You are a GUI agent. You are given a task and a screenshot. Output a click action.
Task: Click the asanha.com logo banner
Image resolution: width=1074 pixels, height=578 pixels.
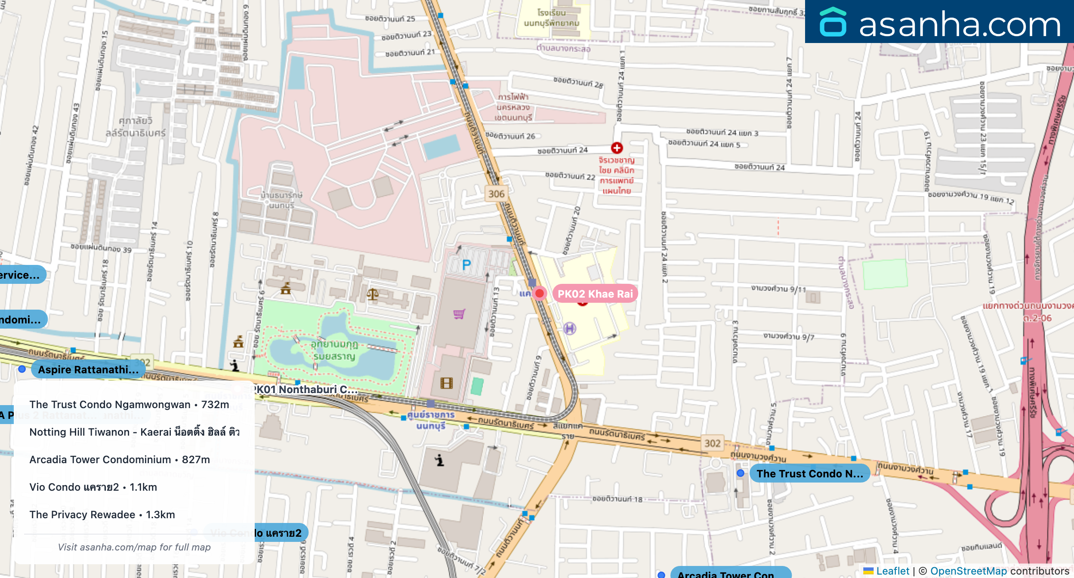pos(939,22)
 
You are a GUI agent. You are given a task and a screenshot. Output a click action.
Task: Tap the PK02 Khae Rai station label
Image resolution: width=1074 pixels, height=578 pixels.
pos(595,294)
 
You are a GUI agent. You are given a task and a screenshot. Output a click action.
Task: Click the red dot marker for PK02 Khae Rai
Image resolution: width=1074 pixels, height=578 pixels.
pos(539,294)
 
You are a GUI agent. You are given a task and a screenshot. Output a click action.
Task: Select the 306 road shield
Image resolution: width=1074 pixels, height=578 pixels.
pos(496,194)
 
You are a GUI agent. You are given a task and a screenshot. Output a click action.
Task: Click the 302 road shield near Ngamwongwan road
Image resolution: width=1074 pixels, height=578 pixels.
pos(712,443)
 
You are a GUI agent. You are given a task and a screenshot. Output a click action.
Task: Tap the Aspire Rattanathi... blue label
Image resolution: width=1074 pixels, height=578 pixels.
pos(88,369)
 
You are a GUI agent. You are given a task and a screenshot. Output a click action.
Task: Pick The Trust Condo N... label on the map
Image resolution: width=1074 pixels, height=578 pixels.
pos(809,473)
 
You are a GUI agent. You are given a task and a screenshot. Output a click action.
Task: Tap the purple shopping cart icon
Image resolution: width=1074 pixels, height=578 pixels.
pos(459,314)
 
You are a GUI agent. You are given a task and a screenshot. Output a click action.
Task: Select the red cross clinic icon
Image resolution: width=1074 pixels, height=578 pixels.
pos(617,148)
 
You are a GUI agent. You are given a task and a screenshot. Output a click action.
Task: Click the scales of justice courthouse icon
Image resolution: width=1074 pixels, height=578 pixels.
pos(373,295)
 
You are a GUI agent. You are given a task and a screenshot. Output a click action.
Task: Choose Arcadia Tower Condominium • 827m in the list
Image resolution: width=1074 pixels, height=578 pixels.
pos(120,459)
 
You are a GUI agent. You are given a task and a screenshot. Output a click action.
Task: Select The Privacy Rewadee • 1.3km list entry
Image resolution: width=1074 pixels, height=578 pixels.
pos(102,514)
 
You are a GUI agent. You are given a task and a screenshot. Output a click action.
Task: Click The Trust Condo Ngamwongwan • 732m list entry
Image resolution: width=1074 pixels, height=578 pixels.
pos(129,404)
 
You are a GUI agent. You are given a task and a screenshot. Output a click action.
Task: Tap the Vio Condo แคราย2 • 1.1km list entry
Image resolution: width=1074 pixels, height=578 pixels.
pos(93,487)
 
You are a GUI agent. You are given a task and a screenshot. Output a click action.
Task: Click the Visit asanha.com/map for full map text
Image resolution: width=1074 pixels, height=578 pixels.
pos(134,547)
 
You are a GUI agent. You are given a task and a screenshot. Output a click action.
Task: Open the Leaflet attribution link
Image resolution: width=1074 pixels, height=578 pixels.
pos(892,571)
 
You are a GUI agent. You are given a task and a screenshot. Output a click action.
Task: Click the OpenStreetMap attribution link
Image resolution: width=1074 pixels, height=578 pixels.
pos(968,571)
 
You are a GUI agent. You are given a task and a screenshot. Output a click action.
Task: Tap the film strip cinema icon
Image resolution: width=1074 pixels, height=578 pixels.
pos(447,383)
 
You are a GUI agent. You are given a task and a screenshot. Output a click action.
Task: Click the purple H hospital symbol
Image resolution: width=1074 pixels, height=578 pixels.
pos(570,329)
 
